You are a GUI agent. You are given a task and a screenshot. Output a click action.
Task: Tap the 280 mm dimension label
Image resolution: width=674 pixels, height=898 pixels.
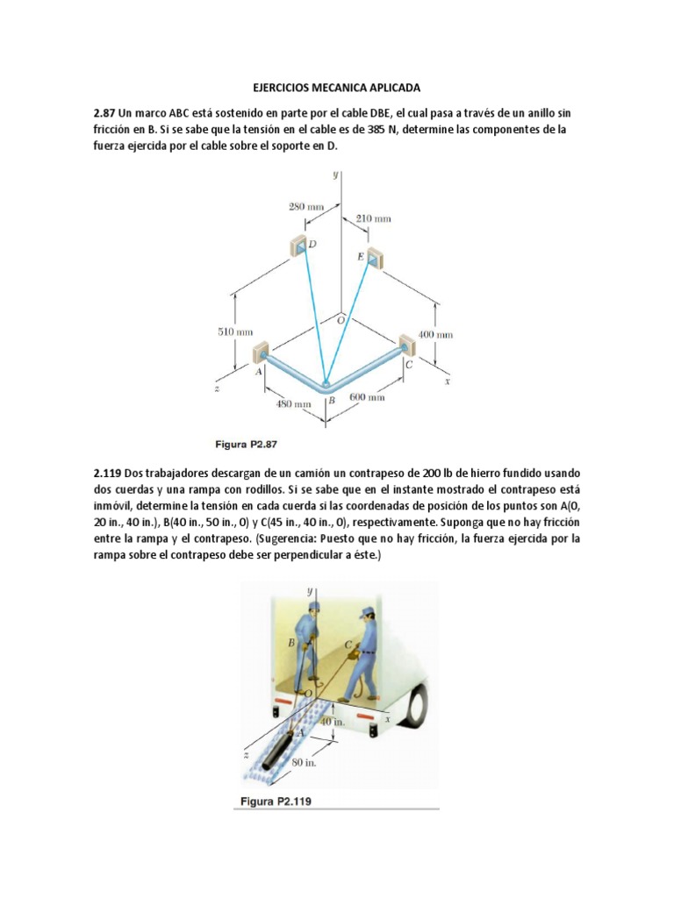[306, 207]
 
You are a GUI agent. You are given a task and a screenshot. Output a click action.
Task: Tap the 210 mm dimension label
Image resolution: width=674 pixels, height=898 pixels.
[373, 217]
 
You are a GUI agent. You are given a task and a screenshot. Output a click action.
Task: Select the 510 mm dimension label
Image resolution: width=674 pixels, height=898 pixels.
[235, 331]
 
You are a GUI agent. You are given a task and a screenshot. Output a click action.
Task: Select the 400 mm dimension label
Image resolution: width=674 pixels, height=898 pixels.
[434, 335]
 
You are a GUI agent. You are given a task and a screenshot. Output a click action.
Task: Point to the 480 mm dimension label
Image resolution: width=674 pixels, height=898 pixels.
[294, 404]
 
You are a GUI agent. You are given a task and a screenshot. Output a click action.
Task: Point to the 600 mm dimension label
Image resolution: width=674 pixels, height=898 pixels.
[367, 397]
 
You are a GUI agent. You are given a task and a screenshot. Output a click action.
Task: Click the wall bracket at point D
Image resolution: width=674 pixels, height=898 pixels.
[298, 246]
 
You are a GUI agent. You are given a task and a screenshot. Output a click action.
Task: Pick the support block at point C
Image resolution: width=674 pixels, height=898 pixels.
[406, 344]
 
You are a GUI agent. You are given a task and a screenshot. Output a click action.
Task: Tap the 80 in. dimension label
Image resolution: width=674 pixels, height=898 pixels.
[304, 763]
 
